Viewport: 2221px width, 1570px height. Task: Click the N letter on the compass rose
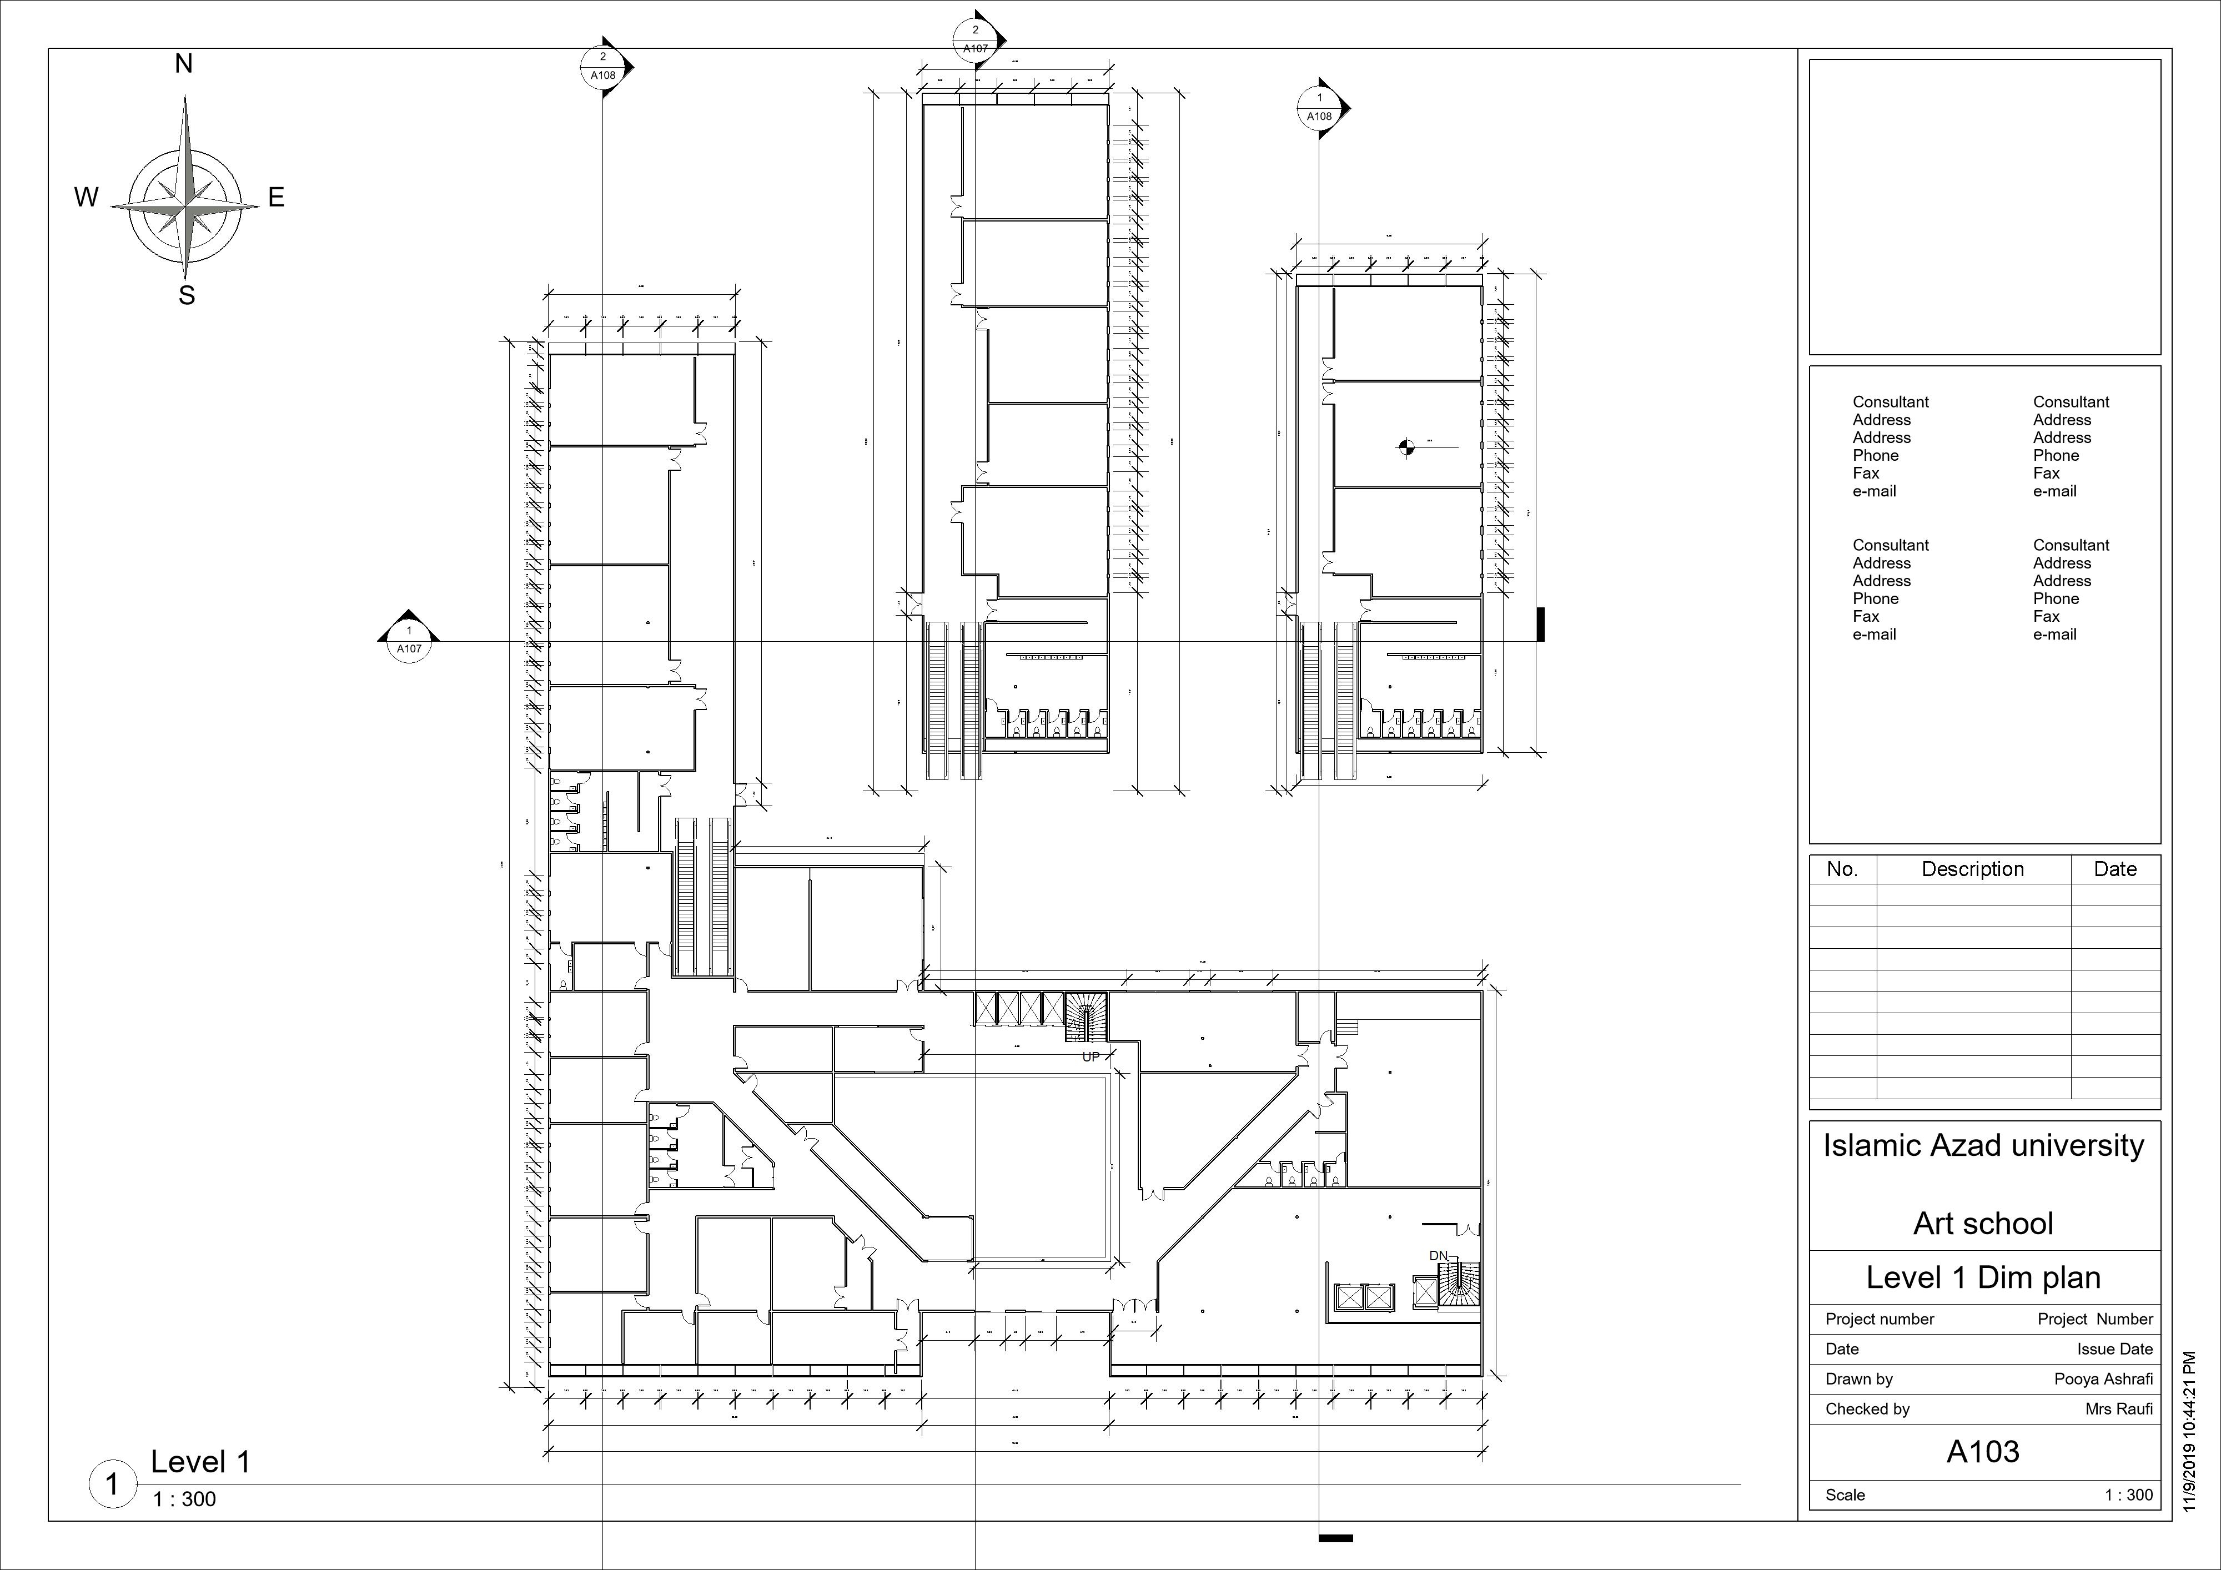[x=184, y=64]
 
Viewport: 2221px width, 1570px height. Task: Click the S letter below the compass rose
[x=187, y=296]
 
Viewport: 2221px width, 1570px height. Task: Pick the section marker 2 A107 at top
[x=975, y=39]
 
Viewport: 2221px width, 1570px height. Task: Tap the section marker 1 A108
[x=1319, y=107]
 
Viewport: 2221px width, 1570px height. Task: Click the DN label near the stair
[x=1439, y=1256]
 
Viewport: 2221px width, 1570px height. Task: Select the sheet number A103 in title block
[x=1983, y=1451]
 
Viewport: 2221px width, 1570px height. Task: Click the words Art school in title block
[x=1983, y=1224]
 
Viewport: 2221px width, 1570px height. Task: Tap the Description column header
[x=1972, y=869]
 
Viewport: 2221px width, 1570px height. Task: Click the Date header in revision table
[x=2114, y=869]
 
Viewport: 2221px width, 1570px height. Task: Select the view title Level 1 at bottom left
[x=200, y=1462]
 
